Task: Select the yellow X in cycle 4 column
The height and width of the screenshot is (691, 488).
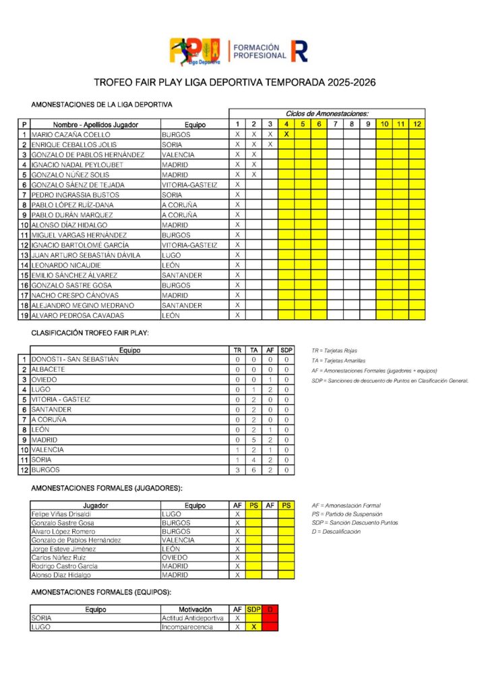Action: [x=286, y=134]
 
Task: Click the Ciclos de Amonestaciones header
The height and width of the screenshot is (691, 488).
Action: [x=327, y=114]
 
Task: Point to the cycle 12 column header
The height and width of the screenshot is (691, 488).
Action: [x=417, y=124]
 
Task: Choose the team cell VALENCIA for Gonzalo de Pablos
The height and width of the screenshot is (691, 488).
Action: [x=179, y=155]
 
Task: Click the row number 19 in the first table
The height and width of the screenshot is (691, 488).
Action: [x=24, y=315]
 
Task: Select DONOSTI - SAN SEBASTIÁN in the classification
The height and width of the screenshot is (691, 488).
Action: [x=75, y=360]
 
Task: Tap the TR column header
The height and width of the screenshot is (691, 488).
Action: [x=237, y=350]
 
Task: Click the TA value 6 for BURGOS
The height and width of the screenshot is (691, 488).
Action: [x=254, y=470]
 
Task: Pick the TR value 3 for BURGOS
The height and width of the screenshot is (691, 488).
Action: [x=237, y=470]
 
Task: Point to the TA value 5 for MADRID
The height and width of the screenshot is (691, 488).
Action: [x=254, y=439]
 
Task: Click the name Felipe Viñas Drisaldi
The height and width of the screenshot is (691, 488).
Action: [x=61, y=514]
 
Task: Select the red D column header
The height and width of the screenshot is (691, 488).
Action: [x=270, y=609]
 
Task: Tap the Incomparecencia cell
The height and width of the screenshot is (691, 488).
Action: [x=187, y=627]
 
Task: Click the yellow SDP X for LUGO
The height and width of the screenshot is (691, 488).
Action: [x=253, y=627]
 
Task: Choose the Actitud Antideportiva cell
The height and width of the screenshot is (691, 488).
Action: [x=193, y=618]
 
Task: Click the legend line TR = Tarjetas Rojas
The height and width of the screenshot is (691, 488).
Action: [x=334, y=351]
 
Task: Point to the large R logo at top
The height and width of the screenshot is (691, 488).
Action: [x=299, y=51]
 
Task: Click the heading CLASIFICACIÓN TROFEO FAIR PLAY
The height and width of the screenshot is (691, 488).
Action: [x=90, y=333]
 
